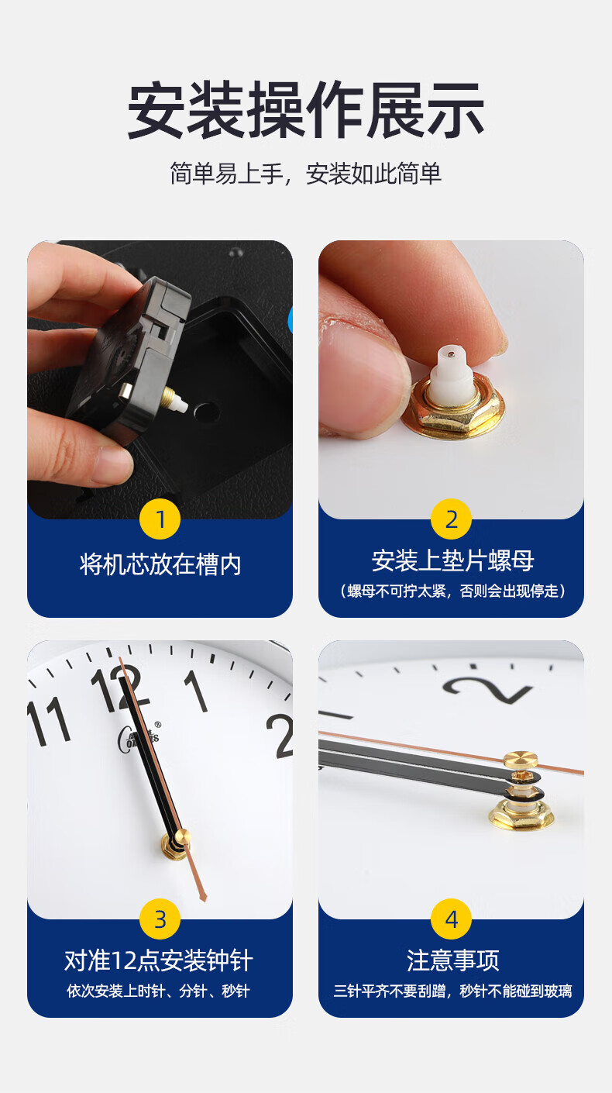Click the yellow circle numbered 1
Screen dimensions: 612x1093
160,519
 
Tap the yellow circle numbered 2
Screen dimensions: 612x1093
451,519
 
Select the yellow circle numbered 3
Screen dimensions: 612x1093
160,919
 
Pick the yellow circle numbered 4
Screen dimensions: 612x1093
451,919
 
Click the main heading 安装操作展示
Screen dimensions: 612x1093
306,110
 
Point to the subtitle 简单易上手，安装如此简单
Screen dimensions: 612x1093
306,174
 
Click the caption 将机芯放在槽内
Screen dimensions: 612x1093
160,564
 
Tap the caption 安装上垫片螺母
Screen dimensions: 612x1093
452,560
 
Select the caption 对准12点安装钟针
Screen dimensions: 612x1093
159,960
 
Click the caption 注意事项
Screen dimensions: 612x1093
453,960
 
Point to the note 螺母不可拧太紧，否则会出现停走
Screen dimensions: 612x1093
452,591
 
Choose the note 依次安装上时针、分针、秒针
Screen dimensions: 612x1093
159,991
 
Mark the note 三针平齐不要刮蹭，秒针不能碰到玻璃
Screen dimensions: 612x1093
452,991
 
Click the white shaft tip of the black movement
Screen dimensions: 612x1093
181,405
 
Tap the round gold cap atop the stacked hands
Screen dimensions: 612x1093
521,760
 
